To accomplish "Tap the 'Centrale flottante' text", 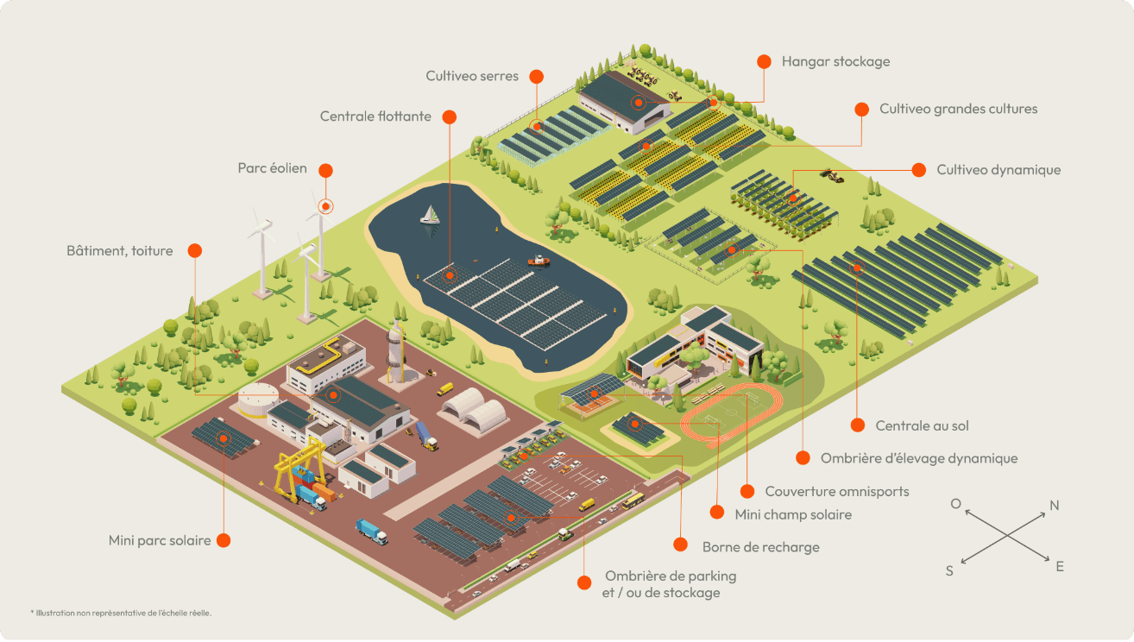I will coord(375,116).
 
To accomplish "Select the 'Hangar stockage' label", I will coord(835,61).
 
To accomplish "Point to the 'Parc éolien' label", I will coord(272,168).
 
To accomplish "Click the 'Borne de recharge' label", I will coord(760,546).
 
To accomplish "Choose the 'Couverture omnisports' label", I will coord(836,491).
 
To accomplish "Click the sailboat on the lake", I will coord(430,215).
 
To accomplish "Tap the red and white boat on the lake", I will coord(539,260).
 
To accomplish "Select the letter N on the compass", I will coord(1054,506).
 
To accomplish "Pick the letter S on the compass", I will coord(949,570).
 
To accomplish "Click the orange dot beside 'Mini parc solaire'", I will coord(224,540).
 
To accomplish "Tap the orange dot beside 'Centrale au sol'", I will coord(857,425).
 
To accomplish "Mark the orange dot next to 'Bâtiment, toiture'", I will coord(194,250).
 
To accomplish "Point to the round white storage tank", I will coord(258,399).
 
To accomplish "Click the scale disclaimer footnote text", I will coord(121,613).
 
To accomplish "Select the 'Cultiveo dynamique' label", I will coord(999,170).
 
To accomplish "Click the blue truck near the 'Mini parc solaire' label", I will coord(372,532).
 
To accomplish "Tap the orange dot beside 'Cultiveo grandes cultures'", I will coord(861,109).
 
